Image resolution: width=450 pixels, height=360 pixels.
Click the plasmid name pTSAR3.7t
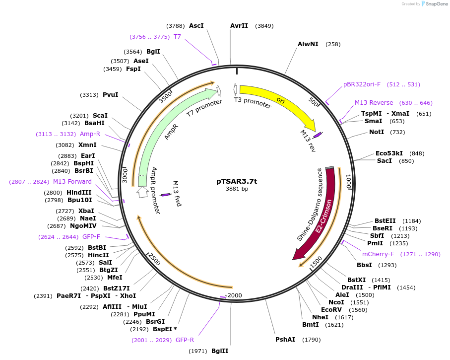tap(237, 181)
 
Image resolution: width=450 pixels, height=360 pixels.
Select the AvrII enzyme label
tap(239, 26)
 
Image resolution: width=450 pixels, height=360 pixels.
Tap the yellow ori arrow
tap(278, 100)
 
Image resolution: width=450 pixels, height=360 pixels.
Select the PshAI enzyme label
tap(285, 340)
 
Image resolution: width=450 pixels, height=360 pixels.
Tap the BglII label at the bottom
tap(220, 351)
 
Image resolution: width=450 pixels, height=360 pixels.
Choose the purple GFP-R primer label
tap(185, 340)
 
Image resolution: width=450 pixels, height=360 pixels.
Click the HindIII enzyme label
tap(79, 193)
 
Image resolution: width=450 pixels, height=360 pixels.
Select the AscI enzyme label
tap(196, 25)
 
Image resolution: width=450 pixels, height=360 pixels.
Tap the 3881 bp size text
tap(237, 189)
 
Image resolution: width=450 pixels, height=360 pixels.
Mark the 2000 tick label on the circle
tap(234, 295)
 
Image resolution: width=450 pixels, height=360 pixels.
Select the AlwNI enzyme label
tap(308, 44)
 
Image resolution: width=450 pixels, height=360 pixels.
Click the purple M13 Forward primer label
tap(72, 182)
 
